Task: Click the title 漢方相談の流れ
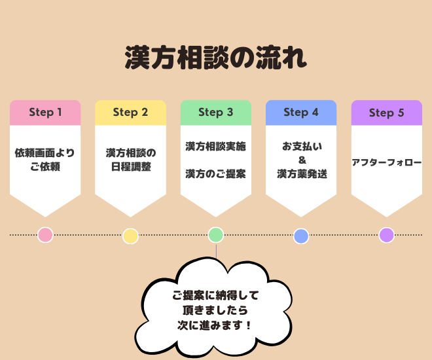[216, 58]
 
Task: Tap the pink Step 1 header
[45, 113]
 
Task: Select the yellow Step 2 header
[131, 113]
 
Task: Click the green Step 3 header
[216, 113]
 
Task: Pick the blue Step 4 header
[301, 113]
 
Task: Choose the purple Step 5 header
[387, 113]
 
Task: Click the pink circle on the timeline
[45, 235]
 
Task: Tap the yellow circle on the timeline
[131, 236]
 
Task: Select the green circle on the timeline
[216, 235]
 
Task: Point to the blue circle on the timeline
[301, 236]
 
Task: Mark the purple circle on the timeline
[387, 235]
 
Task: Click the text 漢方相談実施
[216, 146]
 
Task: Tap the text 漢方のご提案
[216, 174]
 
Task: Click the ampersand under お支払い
[302, 160]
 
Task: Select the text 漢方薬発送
[302, 174]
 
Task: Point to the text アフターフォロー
[387, 162]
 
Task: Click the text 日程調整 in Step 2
[131, 167]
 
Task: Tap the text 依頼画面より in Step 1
[45, 153]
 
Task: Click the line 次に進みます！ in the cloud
[215, 325]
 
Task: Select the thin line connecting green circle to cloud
[216, 251]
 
